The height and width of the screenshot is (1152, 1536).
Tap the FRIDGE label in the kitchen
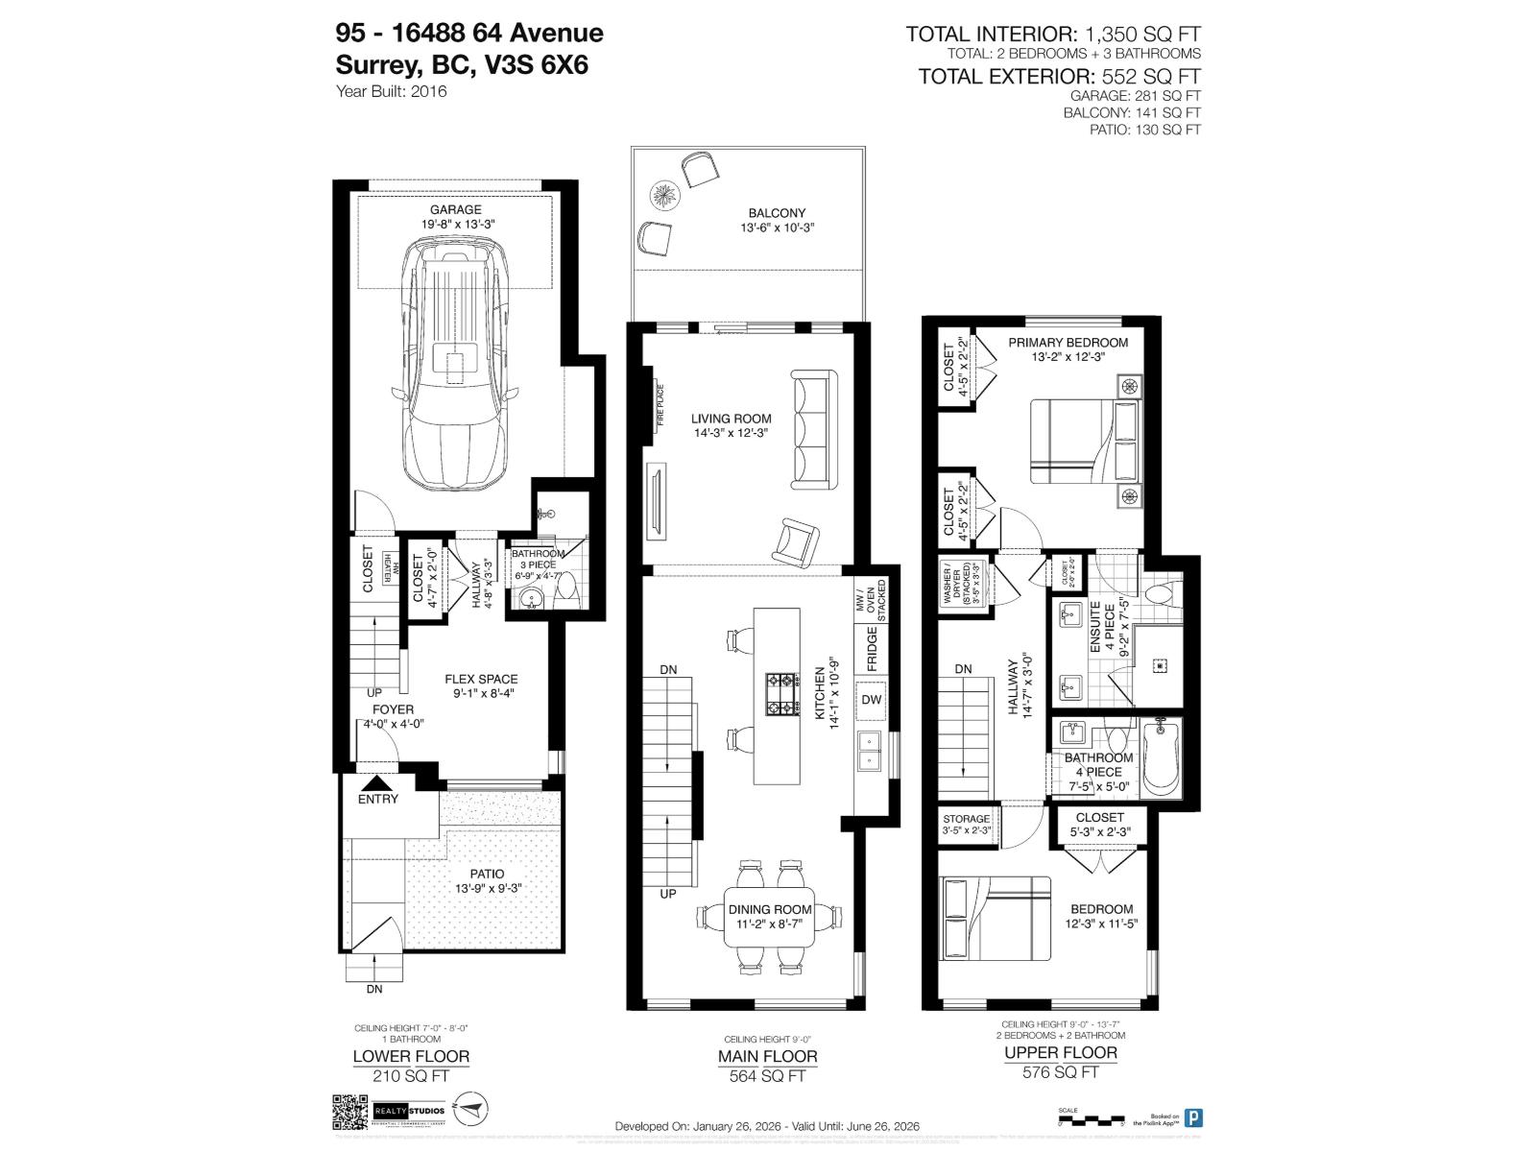tap(872, 649)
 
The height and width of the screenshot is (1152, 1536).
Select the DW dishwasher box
tap(871, 700)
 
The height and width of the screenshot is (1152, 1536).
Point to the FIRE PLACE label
tap(660, 406)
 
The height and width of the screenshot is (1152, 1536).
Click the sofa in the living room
tap(812, 429)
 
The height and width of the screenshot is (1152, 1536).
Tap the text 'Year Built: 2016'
tap(392, 92)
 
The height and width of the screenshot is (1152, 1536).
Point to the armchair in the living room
tap(795, 540)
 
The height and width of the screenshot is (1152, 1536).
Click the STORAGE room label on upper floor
tap(966, 819)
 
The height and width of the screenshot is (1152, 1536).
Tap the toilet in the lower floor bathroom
tap(568, 588)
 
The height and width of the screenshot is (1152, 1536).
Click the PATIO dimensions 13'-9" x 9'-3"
tap(488, 889)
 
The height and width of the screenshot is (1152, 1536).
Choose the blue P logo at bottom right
tap(1193, 1117)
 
